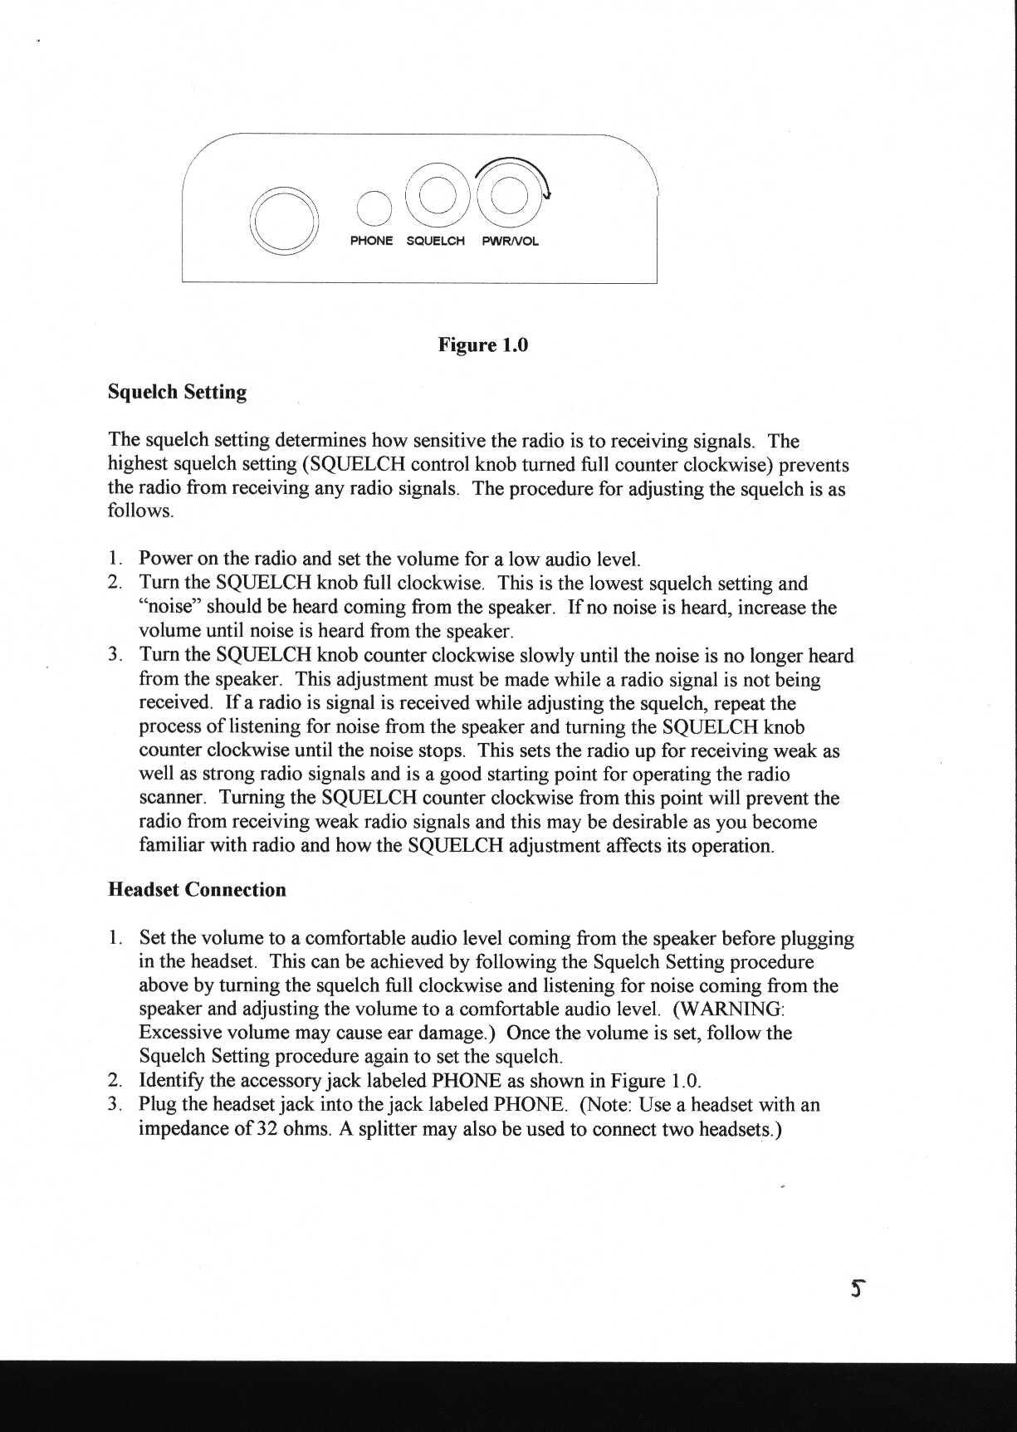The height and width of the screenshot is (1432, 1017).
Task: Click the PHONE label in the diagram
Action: [371, 241]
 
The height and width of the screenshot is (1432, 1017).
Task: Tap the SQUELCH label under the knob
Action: [435, 241]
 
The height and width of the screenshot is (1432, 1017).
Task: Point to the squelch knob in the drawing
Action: [437, 197]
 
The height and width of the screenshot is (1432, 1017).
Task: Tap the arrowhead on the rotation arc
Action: [546, 196]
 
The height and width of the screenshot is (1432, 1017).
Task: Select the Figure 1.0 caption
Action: [483, 345]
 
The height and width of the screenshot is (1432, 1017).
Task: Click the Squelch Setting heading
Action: [177, 392]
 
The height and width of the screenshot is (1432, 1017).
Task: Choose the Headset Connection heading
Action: [197, 890]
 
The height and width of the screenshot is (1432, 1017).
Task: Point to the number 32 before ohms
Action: [266, 1129]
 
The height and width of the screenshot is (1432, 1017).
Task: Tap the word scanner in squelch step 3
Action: [172, 799]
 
